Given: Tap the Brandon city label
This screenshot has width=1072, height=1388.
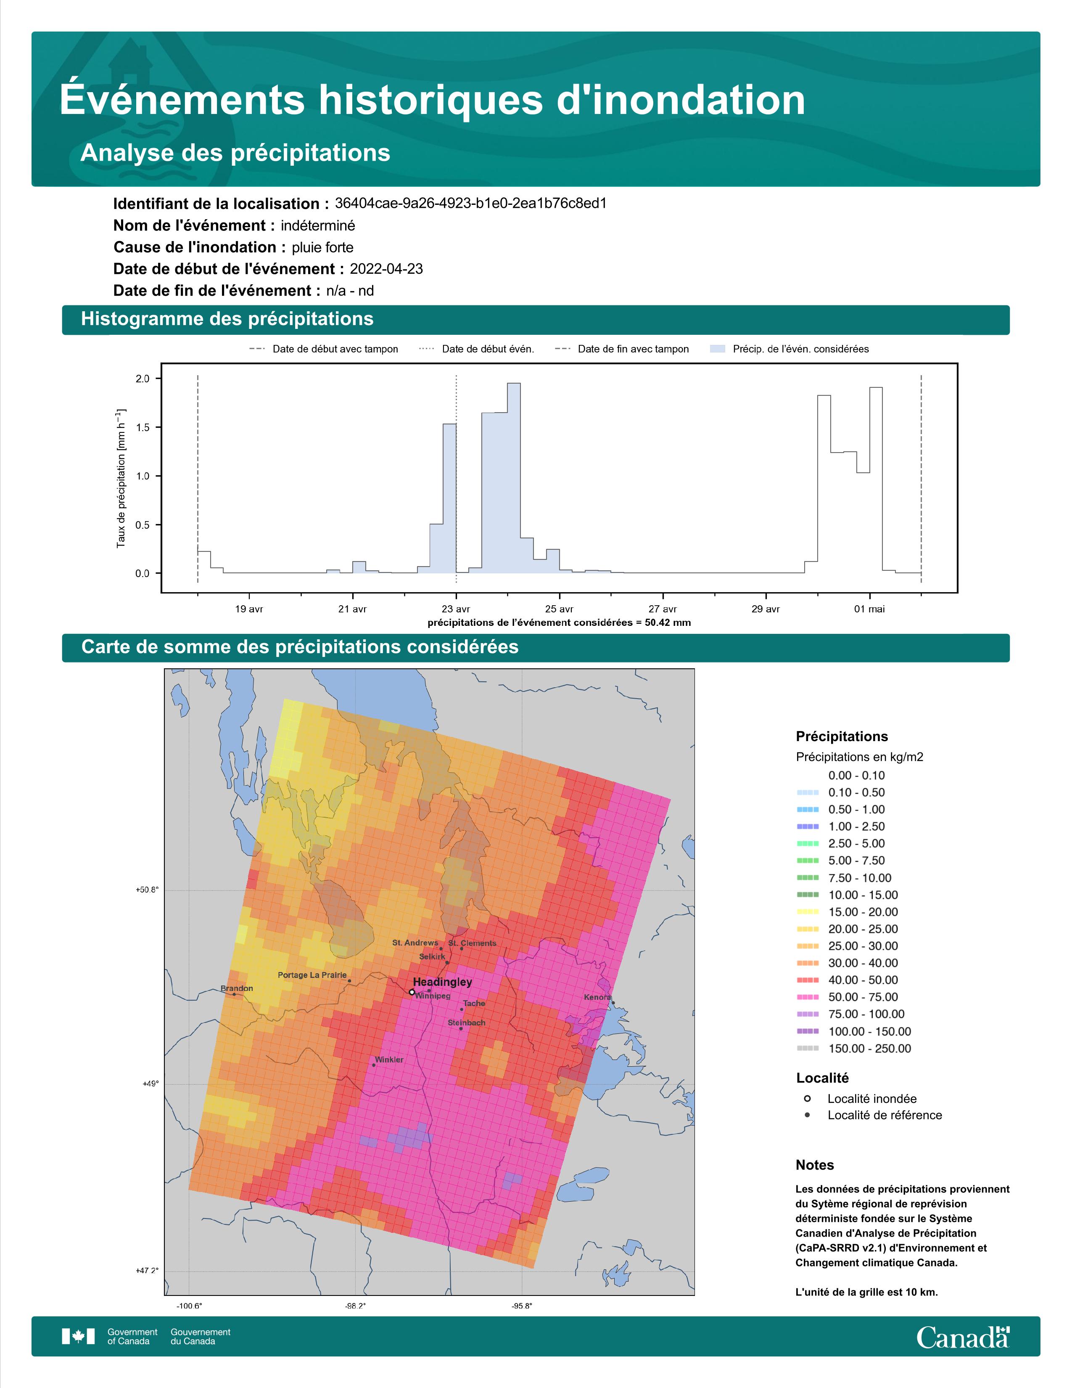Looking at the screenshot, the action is pyautogui.click(x=237, y=988).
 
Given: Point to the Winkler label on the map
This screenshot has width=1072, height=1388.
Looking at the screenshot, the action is pyautogui.click(x=389, y=1060).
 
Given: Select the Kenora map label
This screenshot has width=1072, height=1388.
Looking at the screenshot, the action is pyautogui.click(x=597, y=997).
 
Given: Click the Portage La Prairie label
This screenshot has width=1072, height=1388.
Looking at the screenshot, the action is pyautogui.click(x=312, y=975).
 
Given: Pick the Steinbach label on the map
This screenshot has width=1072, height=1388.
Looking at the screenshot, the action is pyautogui.click(x=466, y=1022).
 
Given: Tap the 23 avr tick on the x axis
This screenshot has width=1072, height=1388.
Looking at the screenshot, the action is pyautogui.click(x=456, y=609).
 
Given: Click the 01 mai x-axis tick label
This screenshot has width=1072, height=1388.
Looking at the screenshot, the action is pyautogui.click(x=869, y=609).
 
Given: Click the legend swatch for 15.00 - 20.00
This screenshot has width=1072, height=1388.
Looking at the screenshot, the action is pyautogui.click(x=807, y=912).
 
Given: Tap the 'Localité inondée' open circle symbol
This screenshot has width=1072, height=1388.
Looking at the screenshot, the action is pyautogui.click(x=807, y=1098).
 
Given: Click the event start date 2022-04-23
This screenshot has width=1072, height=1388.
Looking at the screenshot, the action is pyautogui.click(x=386, y=269).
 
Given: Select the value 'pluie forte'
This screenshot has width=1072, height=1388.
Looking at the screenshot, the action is pyautogui.click(x=322, y=247).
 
